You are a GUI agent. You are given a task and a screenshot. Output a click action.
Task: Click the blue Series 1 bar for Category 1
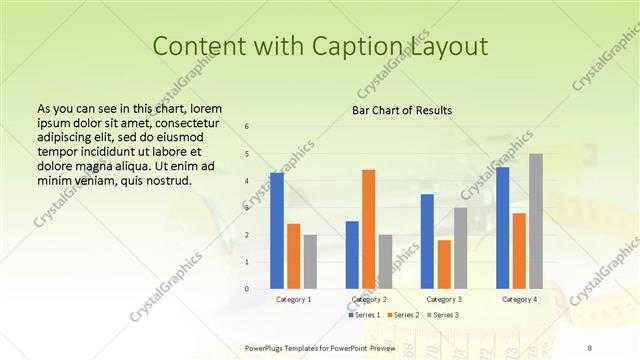[277, 231]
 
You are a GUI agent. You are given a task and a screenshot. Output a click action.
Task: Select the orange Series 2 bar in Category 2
[369, 229]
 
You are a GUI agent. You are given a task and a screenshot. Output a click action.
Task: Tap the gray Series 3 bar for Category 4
[536, 221]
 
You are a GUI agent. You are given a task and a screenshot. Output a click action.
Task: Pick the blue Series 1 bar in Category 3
[427, 241]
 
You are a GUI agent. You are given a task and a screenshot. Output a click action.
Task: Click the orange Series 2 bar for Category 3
[444, 264]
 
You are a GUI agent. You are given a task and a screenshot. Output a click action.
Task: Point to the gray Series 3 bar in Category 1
[310, 262]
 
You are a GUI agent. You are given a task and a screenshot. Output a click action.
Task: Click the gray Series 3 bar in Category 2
[385, 262]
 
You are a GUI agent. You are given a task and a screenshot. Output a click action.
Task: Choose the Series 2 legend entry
[404, 315]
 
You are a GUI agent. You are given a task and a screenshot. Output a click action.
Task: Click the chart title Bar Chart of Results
[402, 110]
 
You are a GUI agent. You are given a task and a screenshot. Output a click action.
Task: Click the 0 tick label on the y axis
[247, 289]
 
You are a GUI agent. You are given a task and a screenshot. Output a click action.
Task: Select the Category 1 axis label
[293, 299]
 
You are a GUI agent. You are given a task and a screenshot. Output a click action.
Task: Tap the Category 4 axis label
[519, 299]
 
